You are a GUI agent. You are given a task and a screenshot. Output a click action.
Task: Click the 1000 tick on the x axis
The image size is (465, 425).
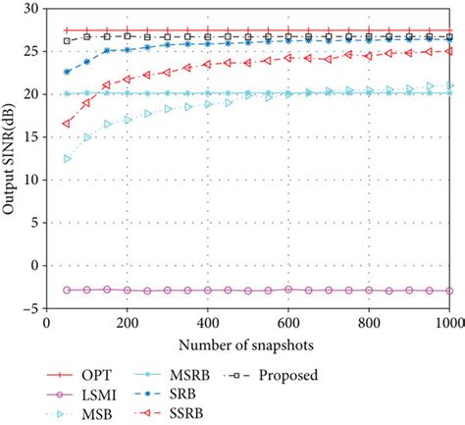pyautogui.click(x=448, y=321)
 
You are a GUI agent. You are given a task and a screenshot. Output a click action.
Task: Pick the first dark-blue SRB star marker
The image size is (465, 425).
pyautogui.click(x=67, y=72)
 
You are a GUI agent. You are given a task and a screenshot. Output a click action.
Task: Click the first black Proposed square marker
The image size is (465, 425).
pyautogui.click(x=67, y=41)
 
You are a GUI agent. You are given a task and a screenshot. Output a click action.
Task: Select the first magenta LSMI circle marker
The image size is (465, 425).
pyautogui.click(x=67, y=290)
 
